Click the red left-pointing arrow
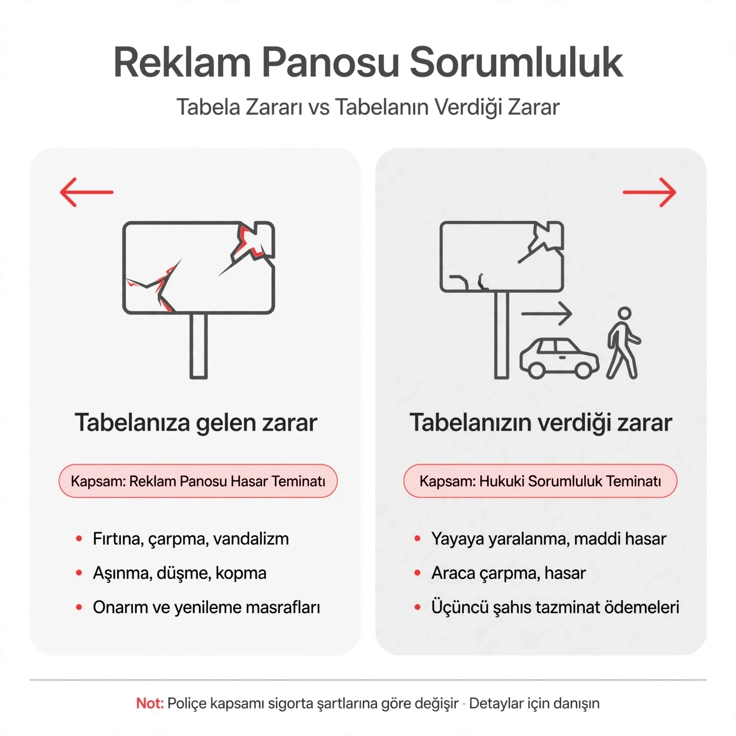86,192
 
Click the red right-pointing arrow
649,192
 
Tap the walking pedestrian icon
623,343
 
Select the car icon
559,358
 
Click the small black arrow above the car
546,314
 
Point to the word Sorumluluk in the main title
516,63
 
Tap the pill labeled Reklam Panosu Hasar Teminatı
198,481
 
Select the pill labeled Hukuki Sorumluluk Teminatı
540,481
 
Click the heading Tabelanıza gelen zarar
196,423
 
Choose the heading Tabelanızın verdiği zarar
541,423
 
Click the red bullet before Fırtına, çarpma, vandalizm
79,538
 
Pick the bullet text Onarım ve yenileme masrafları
207,608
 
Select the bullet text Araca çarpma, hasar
509,574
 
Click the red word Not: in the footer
150,703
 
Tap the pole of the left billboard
199,346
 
